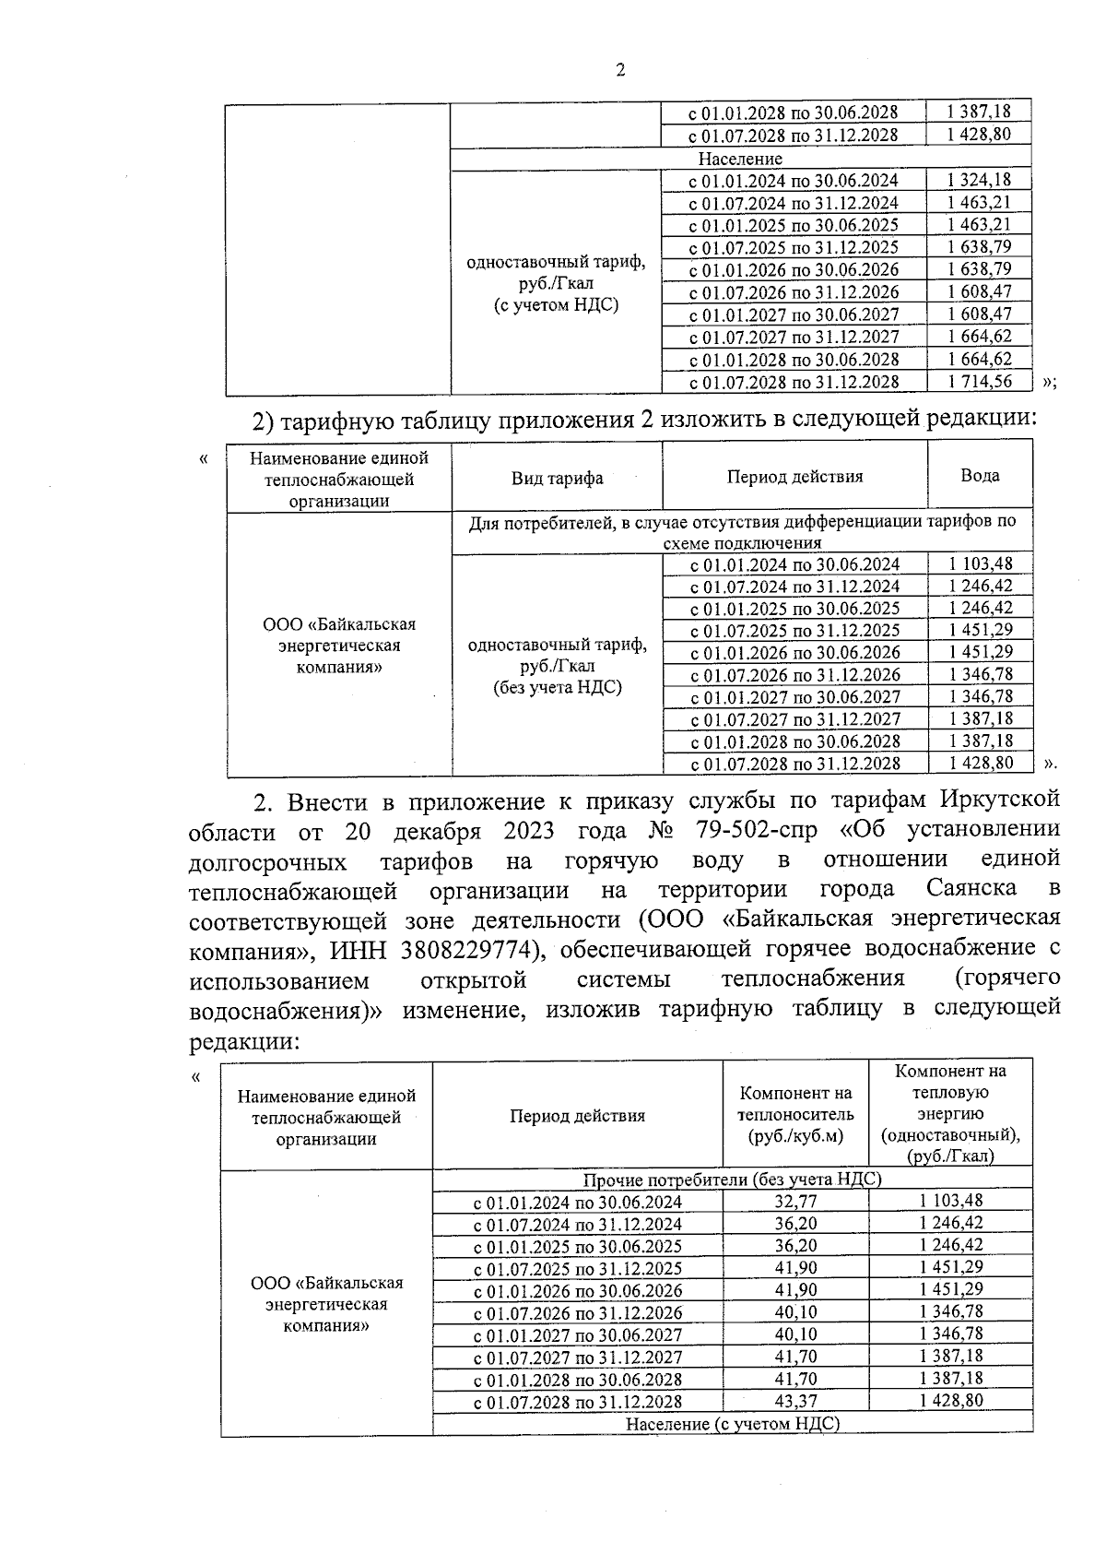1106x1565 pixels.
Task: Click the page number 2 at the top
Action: [x=620, y=70]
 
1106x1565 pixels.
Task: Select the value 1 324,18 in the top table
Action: [x=979, y=180]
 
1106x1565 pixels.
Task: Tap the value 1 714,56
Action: [x=979, y=381]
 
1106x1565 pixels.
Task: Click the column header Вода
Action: [x=980, y=476]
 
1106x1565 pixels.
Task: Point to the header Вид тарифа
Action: [x=557, y=478]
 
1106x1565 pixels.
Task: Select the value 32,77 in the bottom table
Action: [x=795, y=1201]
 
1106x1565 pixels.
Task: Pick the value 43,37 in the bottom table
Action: [x=795, y=1401]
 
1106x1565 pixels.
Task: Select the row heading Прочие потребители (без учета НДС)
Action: [x=732, y=1180]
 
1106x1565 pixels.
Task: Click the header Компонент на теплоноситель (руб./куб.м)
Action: [x=795, y=1115]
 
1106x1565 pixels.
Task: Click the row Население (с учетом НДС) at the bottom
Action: [x=732, y=1424]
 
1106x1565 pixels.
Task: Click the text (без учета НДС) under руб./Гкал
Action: [x=557, y=687]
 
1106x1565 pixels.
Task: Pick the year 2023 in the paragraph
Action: [x=528, y=829]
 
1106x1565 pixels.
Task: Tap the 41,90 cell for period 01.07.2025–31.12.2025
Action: [x=795, y=1267]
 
